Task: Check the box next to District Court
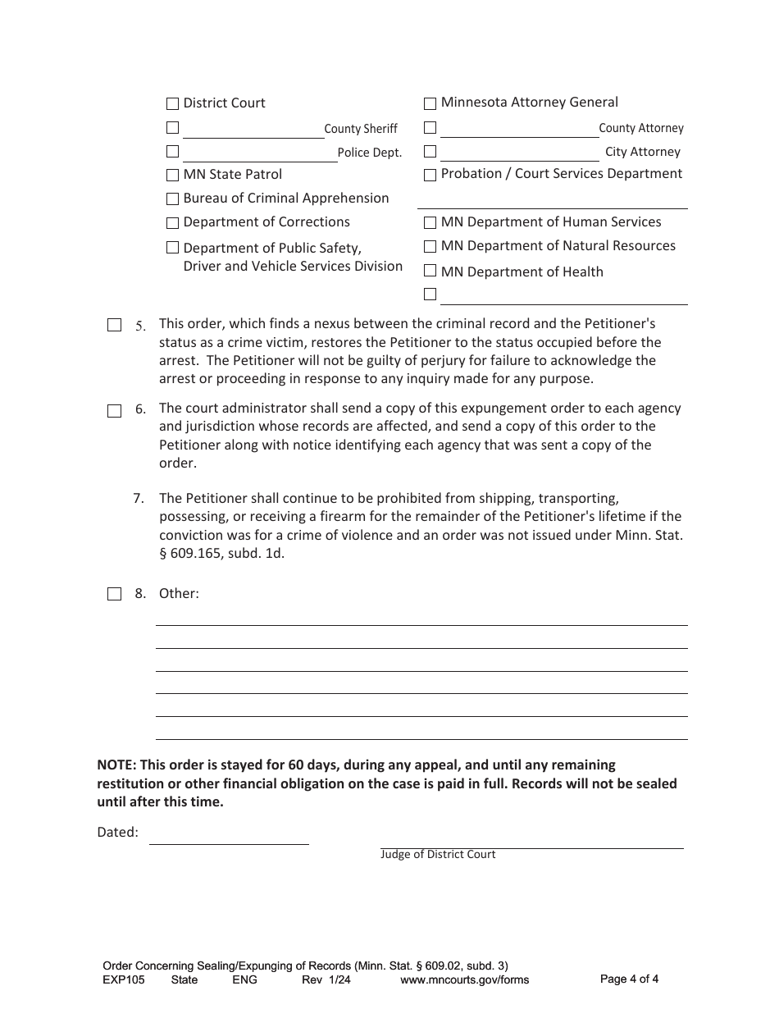[172, 104]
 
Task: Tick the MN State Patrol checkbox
[172, 176]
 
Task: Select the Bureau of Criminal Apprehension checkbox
[172, 199]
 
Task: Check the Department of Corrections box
[172, 223]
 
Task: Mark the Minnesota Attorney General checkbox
[430, 104]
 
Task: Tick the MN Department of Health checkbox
[430, 272]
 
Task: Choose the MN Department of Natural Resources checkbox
[430, 247]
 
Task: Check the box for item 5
[115, 326]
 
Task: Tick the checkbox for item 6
[115, 411]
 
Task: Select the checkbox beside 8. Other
[115, 594]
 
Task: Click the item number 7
[139, 498]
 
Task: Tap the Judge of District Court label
[438, 855]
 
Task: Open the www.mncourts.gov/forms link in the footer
[464, 979]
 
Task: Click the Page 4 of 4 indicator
[629, 979]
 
